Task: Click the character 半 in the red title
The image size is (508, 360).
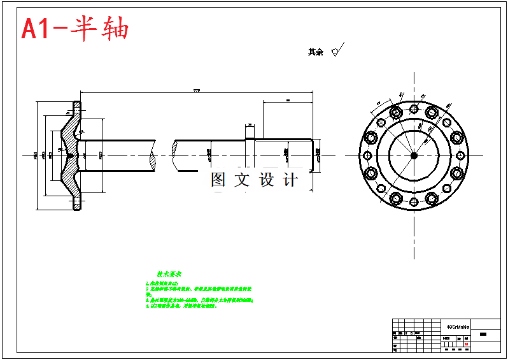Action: pyautogui.click(x=83, y=28)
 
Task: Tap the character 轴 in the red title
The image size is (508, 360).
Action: pyautogui.click(x=115, y=28)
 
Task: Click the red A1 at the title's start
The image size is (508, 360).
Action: pyautogui.click(x=38, y=29)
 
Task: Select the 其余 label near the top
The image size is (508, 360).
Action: pyautogui.click(x=315, y=52)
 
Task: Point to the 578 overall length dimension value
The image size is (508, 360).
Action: pyautogui.click(x=197, y=91)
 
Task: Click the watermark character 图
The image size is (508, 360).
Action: pyautogui.click(x=218, y=180)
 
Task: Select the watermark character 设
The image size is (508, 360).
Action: pyautogui.click(x=266, y=180)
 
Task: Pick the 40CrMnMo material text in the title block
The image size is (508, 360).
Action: pyautogui.click(x=458, y=326)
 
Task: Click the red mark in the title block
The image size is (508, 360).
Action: pyautogui.click(x=467, y=344)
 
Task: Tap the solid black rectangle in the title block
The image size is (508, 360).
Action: pyautogui.click(x=483, y=335)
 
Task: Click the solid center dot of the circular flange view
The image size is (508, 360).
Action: pyautogui.click(x=413, y=155)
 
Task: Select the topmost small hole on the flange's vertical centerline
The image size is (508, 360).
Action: pyautogui.click(x=413, y=106)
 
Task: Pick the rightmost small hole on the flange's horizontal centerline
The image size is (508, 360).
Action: pyautogui.click(x=461, y=155)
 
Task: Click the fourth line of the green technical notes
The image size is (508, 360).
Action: pyautogui.click(x=181, y=306)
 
